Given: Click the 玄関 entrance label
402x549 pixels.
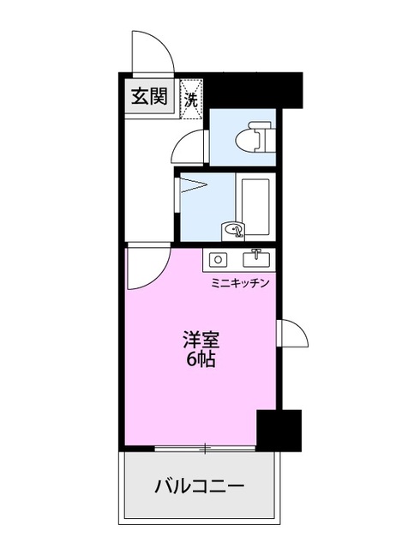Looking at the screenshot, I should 149,96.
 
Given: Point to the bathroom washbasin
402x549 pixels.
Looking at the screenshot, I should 233,230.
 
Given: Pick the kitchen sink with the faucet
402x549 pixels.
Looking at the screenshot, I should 256,257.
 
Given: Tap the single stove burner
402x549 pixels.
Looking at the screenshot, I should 218,258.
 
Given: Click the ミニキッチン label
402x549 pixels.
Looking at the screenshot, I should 241,282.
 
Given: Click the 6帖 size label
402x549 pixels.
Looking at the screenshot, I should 199,360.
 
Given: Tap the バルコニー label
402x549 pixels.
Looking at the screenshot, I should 200,487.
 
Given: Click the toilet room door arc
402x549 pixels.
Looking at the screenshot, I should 188,148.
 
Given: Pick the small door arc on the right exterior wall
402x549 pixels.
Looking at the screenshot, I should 291,333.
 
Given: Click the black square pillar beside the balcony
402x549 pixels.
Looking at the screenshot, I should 279,431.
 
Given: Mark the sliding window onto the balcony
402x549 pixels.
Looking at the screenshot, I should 205,448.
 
